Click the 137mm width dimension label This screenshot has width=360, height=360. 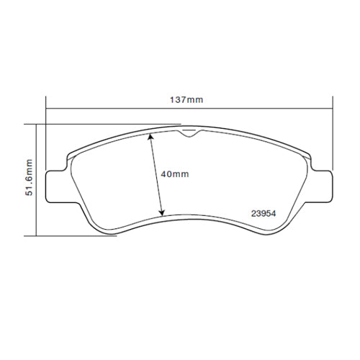click(186, 99)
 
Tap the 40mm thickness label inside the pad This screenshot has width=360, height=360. click(174, 174)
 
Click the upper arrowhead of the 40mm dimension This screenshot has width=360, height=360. click(150, 137)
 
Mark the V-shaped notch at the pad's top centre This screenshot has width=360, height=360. click(189, 132)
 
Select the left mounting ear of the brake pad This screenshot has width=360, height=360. click(56, 184)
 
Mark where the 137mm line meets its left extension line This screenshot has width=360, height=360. click(46, 109)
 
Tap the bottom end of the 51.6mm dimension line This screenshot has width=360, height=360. click(35, 235)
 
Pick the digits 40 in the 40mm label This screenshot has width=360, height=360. click(166, 174)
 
